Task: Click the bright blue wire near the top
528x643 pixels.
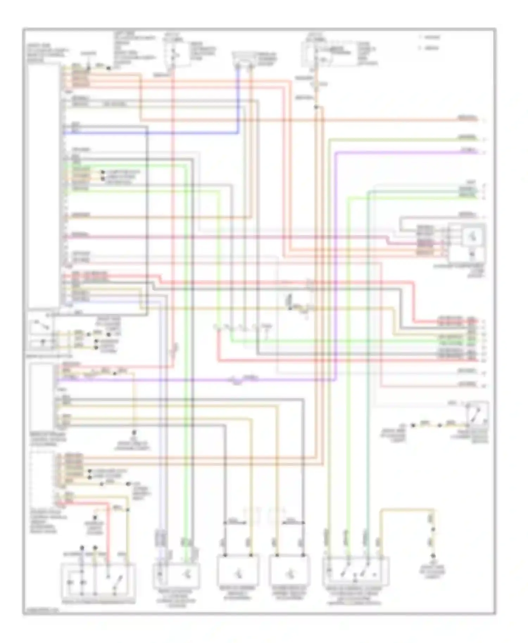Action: click(151, 133)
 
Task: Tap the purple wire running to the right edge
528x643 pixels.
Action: click(405, 152)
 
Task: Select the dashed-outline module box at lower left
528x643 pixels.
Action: click(42, 478)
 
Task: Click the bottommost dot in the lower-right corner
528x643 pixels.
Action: click(433, 556)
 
